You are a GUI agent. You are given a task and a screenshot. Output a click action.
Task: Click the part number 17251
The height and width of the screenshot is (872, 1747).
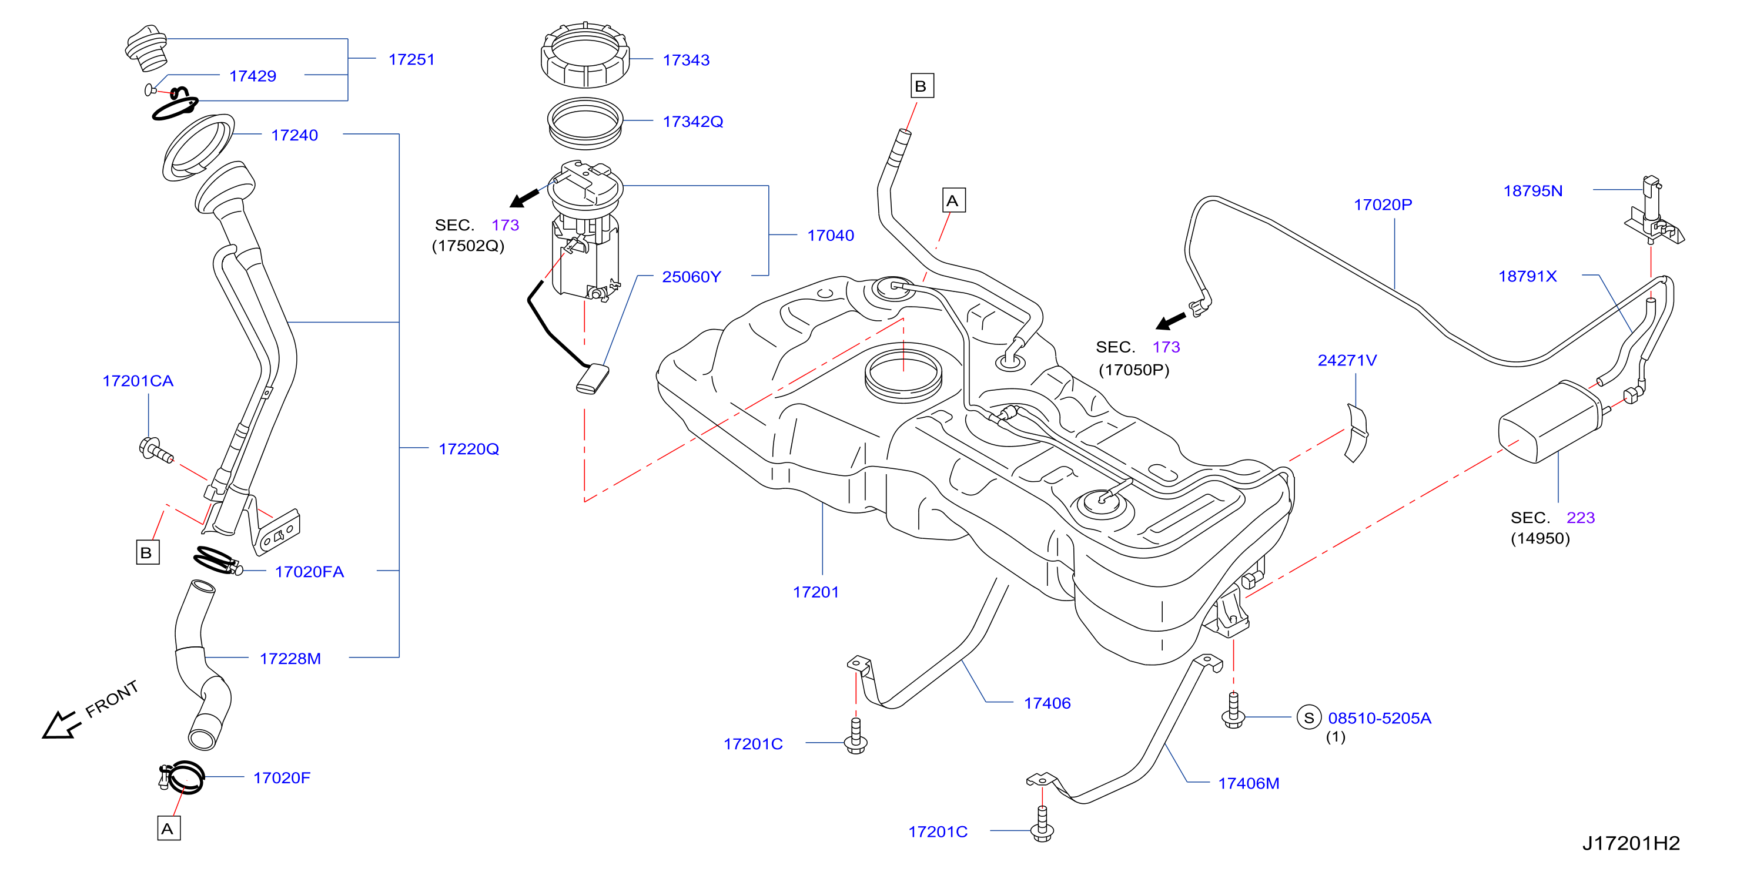coord(411,60)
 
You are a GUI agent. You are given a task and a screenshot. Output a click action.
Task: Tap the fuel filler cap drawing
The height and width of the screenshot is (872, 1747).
coord(146,48)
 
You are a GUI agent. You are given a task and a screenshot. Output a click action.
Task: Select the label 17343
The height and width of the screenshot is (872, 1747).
coord(685,61)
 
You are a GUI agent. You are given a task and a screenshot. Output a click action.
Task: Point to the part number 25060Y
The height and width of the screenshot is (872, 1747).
coord(691,277)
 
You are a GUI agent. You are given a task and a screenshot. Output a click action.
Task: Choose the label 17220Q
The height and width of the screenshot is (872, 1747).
coord(468,449)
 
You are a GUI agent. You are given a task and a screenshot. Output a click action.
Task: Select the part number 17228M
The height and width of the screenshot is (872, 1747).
coord(290,659)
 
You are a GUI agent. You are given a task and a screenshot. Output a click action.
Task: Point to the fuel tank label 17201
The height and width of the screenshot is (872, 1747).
coord(816,592)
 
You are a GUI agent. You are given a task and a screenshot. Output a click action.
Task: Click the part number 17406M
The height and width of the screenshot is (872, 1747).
coord(1249,784)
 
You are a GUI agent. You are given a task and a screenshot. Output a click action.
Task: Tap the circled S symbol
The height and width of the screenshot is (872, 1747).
coord(1309,717)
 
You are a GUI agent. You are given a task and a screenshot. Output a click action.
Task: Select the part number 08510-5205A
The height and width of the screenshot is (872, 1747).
coord(1380,718)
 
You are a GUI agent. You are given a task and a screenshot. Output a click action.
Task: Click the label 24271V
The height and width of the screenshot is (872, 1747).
coord(1347,361)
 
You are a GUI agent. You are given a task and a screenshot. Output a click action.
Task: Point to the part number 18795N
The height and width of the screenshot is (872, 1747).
coord(1532,191)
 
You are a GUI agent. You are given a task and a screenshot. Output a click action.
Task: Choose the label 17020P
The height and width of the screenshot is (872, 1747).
coord(1383,204)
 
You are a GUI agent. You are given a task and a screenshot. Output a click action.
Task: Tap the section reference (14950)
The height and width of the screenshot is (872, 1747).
coord(1540,538)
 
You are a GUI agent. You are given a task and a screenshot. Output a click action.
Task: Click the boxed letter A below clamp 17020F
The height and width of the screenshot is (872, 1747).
coord(168,829)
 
